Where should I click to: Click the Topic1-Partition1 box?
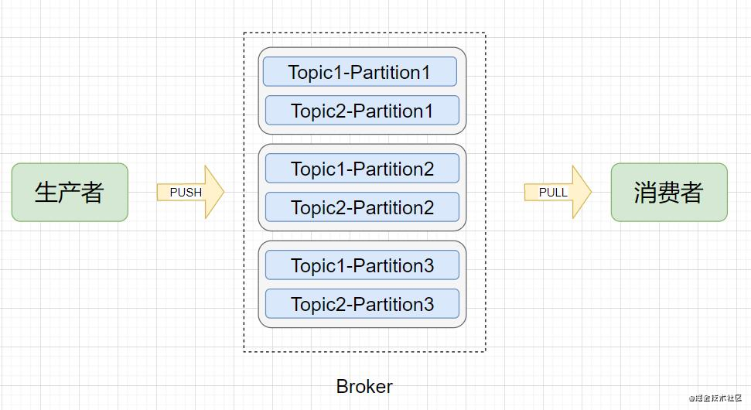point(360,72)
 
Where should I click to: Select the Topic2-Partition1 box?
point(362,111)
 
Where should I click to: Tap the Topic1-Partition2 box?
point(362,169)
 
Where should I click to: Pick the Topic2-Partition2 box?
point(362,207)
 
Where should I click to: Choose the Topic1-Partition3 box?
point(362,265)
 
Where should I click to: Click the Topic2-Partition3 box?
point(362,304)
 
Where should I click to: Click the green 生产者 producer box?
point(70,192)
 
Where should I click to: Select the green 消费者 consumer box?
point(669,192)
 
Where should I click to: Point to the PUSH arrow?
point(190,192)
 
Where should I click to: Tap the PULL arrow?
point(558,192)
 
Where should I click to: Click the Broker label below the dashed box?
point(364,386)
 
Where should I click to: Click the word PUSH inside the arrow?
point(186,192)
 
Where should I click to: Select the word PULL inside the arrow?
point(553,192)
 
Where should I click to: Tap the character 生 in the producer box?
point(46,192)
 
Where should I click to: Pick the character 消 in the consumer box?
point(646,192)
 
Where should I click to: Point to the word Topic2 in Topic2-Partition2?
point(317,207)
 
